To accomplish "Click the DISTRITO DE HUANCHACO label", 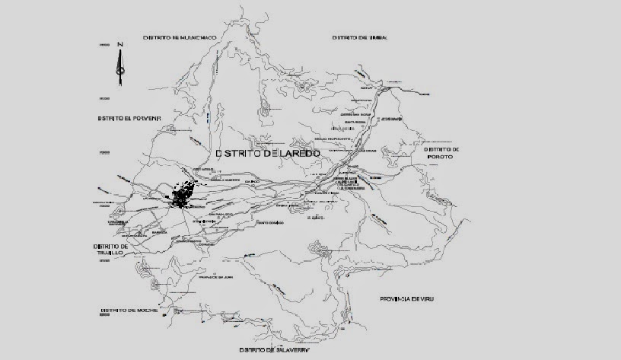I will click(180, 37).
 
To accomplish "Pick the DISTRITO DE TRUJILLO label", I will click(113, 252).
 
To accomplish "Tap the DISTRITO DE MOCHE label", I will click(128, 311).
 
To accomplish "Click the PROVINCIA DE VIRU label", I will click(411, 299).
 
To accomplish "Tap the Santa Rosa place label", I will click(355, 122).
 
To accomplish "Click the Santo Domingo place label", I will click(270, 223).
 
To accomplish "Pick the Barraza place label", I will click(158, 233).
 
